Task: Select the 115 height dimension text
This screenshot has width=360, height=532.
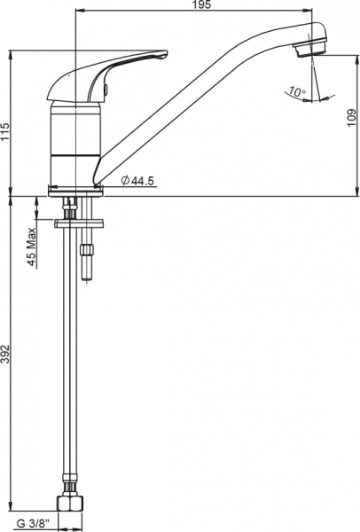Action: [x=7, y=130]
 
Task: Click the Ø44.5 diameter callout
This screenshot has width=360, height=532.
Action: [x=137, y=181]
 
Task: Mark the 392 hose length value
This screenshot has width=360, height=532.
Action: [x=7, y=355]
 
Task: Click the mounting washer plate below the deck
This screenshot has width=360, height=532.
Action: [x=80, y=222]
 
